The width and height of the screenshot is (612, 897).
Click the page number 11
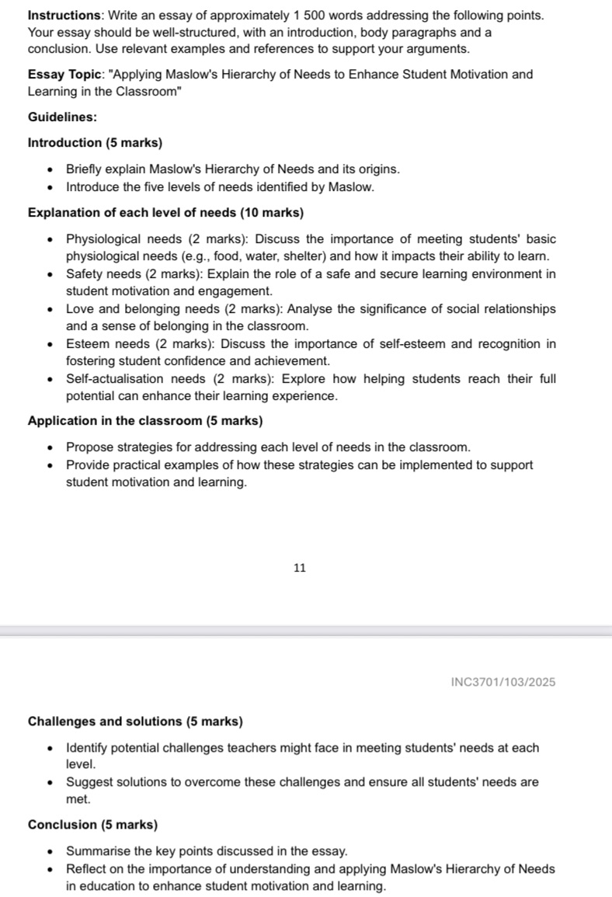click(x=301, y=568)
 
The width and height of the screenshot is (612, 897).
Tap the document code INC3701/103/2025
click(x=502, y=682)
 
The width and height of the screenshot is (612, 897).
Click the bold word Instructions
click(x=61, y=16)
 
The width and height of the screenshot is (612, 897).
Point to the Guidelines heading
click(x=62, y=116)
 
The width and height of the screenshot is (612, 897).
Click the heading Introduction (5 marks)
click(x=95, y=143)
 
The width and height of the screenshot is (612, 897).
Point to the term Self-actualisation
click(x=115, y=379)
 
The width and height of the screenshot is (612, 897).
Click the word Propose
click(x=89, y=447)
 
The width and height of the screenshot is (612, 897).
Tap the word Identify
click(x=88, y=748)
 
